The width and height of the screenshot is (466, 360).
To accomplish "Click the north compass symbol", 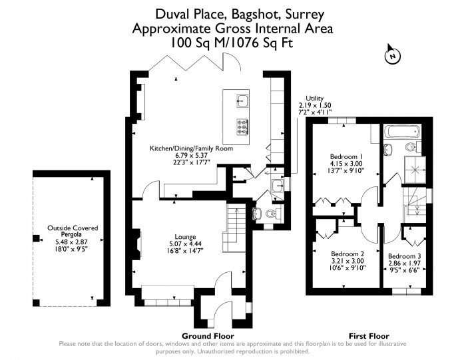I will click(x=392, y=57).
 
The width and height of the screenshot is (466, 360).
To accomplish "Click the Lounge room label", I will click(x=184, y=236).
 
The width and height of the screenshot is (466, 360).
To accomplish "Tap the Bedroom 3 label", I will click(x=403, y=257).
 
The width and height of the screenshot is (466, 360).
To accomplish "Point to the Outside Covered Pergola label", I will click(x=72, y=232).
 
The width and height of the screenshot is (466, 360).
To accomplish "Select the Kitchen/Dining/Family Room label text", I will click(x=190, y=148).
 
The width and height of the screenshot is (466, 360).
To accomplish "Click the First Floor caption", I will click(x=369, y=336).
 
